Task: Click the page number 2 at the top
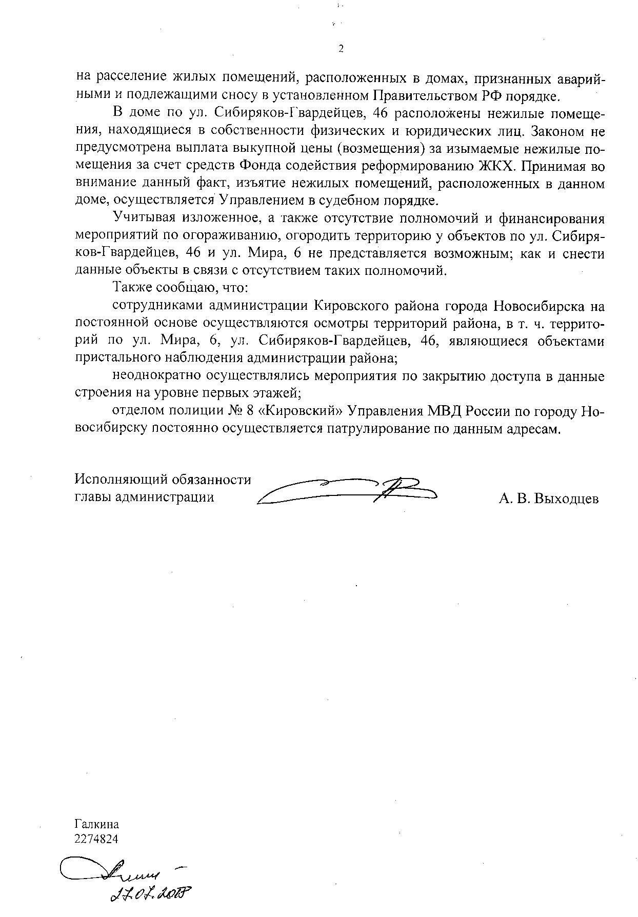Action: point(341,49)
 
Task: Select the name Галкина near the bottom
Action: point(96,824)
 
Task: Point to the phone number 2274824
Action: point(96,839)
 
